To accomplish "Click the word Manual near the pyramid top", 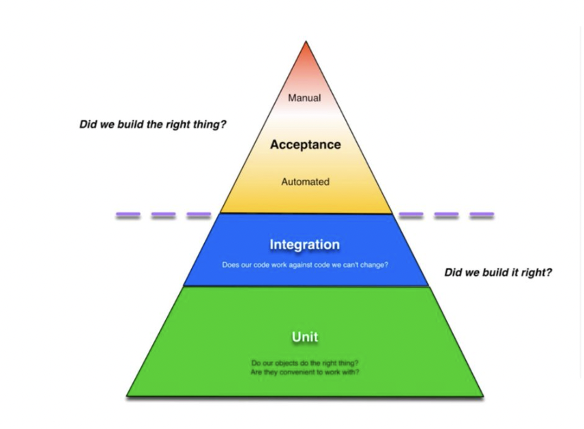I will click(304, 98).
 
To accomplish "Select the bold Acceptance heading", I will click(305, 145).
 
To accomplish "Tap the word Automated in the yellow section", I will click(305, 182).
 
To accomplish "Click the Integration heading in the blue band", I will click(304, 245).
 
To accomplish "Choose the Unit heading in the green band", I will click(304, 337).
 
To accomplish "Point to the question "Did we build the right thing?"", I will click(153, 126).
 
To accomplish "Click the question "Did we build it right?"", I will click(498, 273).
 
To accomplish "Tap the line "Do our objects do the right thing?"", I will click(305, 363).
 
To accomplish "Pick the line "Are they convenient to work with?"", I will click(305, 372).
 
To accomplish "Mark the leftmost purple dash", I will click(128, 215).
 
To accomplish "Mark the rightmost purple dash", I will click(482, 215).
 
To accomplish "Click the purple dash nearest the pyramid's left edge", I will click(198, 215).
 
